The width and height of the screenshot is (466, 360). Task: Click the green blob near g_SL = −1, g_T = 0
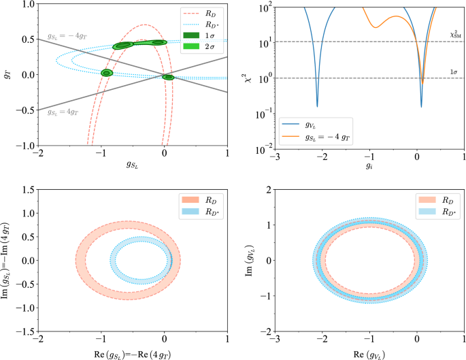(x=106, y=73)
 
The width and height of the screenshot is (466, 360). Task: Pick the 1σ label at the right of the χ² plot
(x=452, y=71)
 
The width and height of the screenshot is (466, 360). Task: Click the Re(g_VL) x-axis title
(x=369, y=353)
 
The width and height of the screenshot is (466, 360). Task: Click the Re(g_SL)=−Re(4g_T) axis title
(x=133, y=353)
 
